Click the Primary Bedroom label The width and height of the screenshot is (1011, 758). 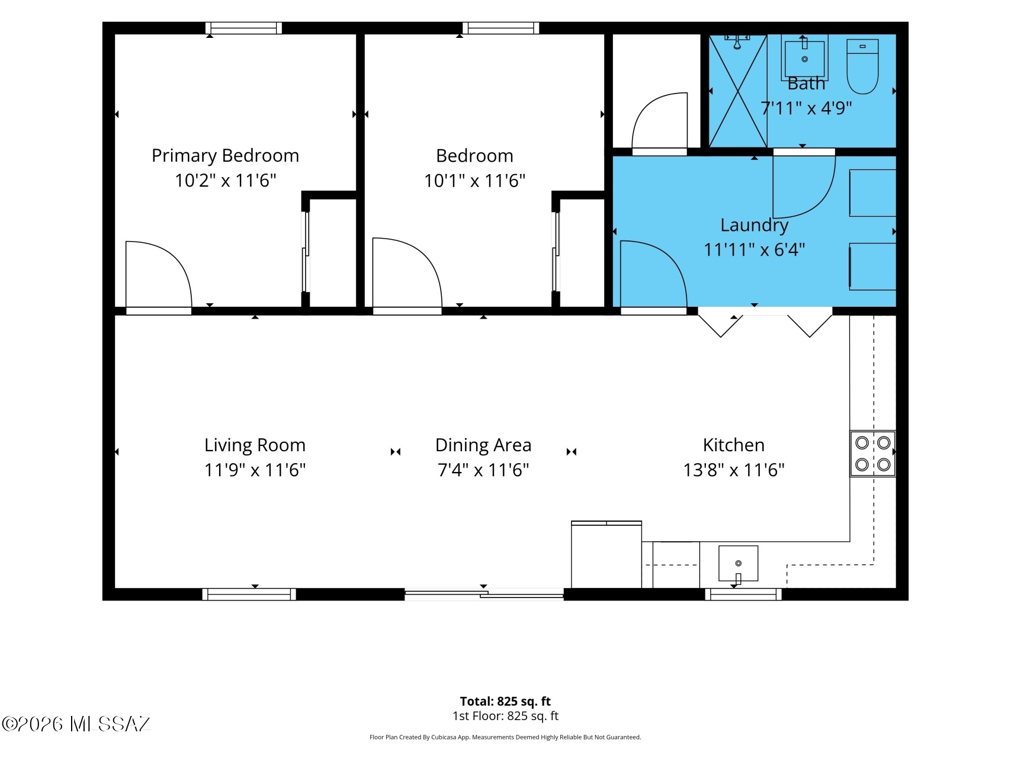pyautogui.click(x=225, y=156)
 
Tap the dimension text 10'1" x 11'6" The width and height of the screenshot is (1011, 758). pyautogui.click(x=475, y=180)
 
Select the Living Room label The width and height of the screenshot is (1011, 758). pyautogui.click(x=255, y=445)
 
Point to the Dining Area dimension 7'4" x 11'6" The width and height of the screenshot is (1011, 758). pyautogui.click(x=483, y=470)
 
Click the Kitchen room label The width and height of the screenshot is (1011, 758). pyautogui.click(x=734, y=445)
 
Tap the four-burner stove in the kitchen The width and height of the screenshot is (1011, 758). pyautogui.click(x=873, y=454)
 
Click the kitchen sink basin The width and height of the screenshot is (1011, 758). pyautogui.click(x=738, y=563)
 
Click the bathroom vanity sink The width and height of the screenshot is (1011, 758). pyautogui.click(x=804, y=57)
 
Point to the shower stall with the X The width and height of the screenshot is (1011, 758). pyautogui.click(x=738, y=91)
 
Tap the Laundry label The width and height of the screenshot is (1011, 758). pyautogui.click(x=755, y=226)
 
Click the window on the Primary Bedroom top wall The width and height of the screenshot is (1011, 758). pyautogui.click(x=243, y=28)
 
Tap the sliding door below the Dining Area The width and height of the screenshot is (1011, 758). pyautogui.click(x=484, y=594)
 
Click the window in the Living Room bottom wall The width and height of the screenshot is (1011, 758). pyautogui.click(x=249, y=594)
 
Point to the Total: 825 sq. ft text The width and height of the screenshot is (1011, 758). pyautogui.click(x=505, y=702)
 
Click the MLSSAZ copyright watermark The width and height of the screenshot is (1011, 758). pyautogui.click(x=76, y=724)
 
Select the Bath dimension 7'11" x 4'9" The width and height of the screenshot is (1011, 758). pyautogui.click(x=806, y=108)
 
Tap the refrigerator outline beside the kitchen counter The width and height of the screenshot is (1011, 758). pyautogui.click(x=606, y=554)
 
